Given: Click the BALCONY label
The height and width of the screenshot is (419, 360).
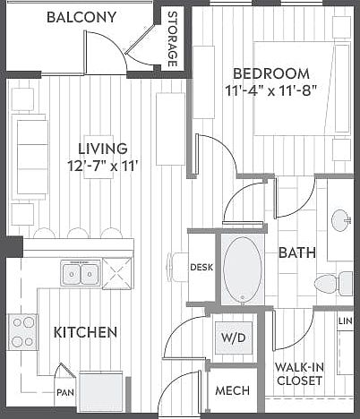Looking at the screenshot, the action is [x=81, y=17].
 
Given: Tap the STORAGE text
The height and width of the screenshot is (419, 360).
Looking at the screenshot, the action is [x=172, y=39].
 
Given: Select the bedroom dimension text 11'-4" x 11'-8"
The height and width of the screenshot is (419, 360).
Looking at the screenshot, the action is [x=270, y=90].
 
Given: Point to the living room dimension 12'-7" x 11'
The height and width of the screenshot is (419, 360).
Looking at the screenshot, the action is [x=104, y=166].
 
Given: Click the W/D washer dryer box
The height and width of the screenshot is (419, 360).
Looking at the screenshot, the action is [x=234, y=338].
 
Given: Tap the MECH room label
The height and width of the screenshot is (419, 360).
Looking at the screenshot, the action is [x=233, y=390].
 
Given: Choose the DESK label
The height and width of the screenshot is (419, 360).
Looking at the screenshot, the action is [x=201, y=267].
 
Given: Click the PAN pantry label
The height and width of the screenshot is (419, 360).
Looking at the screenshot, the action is [x=65, y=392].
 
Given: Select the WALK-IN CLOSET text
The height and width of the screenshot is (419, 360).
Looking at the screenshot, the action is [x=299, y=374].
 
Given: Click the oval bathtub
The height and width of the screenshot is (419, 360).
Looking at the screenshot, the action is [x=242, y=269].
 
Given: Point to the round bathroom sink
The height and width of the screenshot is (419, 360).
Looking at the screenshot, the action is [x=342, y=221].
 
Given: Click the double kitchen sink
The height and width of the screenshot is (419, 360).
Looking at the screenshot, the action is [x=81, y=273].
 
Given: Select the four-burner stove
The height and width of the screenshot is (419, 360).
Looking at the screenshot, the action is [x=22, y=331].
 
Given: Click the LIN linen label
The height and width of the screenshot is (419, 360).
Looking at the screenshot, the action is [x=346, y=321].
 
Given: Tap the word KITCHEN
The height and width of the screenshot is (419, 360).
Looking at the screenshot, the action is [x=85, y=332].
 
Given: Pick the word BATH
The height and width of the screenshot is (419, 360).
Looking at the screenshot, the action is [x=297, y=252].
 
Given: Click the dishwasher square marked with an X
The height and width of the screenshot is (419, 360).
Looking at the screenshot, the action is [x=117, y=273].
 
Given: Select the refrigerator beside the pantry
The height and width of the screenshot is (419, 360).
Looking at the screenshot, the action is [x=101, y=391].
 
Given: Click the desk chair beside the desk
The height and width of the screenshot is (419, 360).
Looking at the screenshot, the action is [x=177, y=267].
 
